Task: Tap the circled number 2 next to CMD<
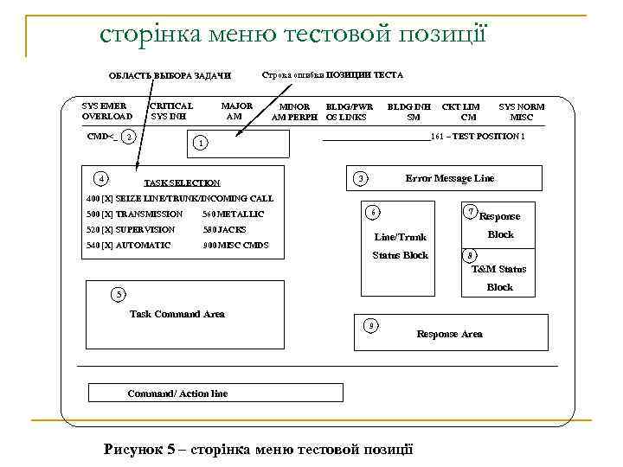(x=128, y=138)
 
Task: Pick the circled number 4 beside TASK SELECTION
(x=102, y=179)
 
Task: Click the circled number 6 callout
(x=372, y=213)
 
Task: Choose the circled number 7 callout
(x=470, y=212)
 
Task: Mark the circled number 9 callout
(x=370, y=325)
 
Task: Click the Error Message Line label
(x=450, y=178)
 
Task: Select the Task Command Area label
(x=177, y=314)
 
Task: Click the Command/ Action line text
(x=177, y=393)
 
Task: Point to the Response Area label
(x=449, y=334)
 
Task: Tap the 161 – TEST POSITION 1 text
(x=477, y=137)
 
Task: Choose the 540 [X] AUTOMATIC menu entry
(x=129, y=246)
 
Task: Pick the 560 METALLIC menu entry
(x=233, y=214)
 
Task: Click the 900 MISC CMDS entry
(x=235, y=246)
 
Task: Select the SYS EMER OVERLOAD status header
(x=106, y=112)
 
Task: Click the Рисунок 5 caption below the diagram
(x=258, y=449)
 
